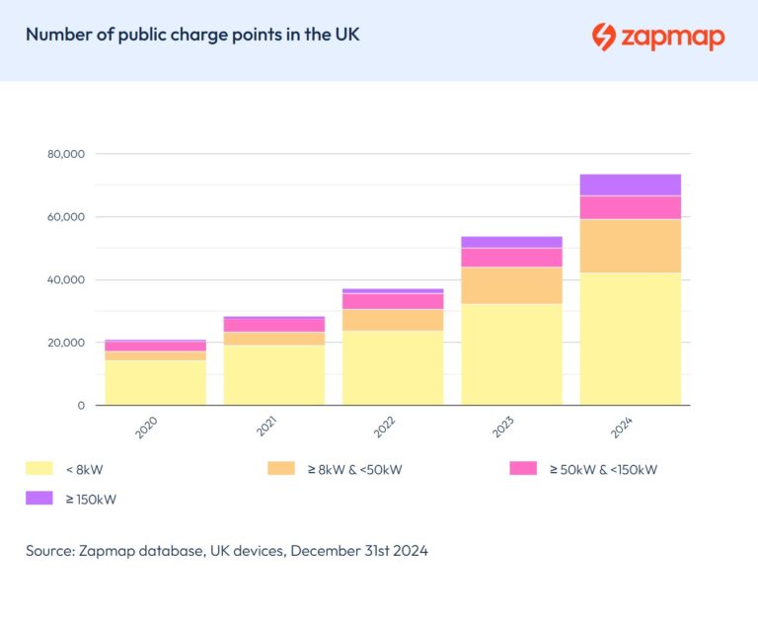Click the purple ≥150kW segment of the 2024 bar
[630, 185]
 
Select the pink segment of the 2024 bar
[630, 207]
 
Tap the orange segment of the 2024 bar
[630, 246]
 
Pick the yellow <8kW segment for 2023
[511, 354]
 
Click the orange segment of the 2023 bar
[511, 285]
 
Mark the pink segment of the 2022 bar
[393, 301]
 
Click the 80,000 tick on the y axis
[66, 154]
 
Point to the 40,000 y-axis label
[66, 280]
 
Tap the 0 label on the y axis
[82, 406]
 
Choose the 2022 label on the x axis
[385, 429]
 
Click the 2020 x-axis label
[147, 429]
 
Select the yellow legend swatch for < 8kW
[39, 469]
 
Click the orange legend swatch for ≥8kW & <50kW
[281, 469]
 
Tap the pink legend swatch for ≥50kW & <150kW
[523, 469]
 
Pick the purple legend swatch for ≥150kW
[39, 499]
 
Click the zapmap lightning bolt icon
[603, 37]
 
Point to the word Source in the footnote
[50, 551]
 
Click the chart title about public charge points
[192, 35]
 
